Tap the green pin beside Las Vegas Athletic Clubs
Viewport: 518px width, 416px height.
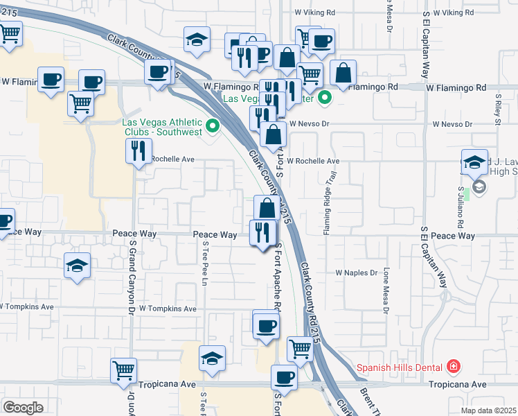pos(213,126)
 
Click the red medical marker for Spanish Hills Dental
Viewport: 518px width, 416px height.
pos(454,365)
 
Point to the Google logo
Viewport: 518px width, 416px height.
pos(23,407)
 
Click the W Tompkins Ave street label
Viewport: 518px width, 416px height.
pos(168,309)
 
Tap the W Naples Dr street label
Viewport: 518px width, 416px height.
pos(357,273)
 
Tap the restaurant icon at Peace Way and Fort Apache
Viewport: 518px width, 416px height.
pos(262,232)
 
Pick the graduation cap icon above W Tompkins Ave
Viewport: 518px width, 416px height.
pos(77,266)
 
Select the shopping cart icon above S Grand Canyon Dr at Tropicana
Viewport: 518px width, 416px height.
pos(123,370)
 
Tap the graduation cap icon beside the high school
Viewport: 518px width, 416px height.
pos(474,162)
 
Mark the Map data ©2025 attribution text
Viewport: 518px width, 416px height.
pos(488,410)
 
